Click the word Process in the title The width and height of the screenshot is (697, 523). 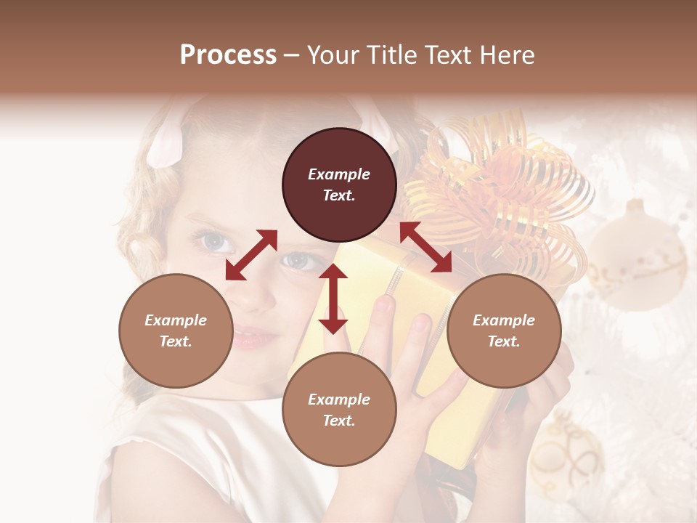pyautogui.click(x=228, y=55)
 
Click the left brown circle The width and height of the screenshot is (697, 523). pyautogui.click(x=176, y=331)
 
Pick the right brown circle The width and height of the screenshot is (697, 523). pyautogui.click(x=504, y=331)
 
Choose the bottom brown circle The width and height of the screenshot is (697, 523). pyautogui.click(x=339, y=410)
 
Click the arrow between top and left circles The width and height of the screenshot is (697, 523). pyautogui.click(x=251, y=255)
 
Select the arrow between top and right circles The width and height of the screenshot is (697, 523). pyautogui.click(x=426, y=247)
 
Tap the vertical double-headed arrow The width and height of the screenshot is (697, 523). pyautogui.click(x=333, y=299)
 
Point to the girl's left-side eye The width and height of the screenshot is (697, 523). pyautogui.click(x=211, y=241)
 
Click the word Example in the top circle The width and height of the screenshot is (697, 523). pyautogui.click(x=339, y=174)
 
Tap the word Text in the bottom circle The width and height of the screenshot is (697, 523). pyautogui.click(x=339, y=421)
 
